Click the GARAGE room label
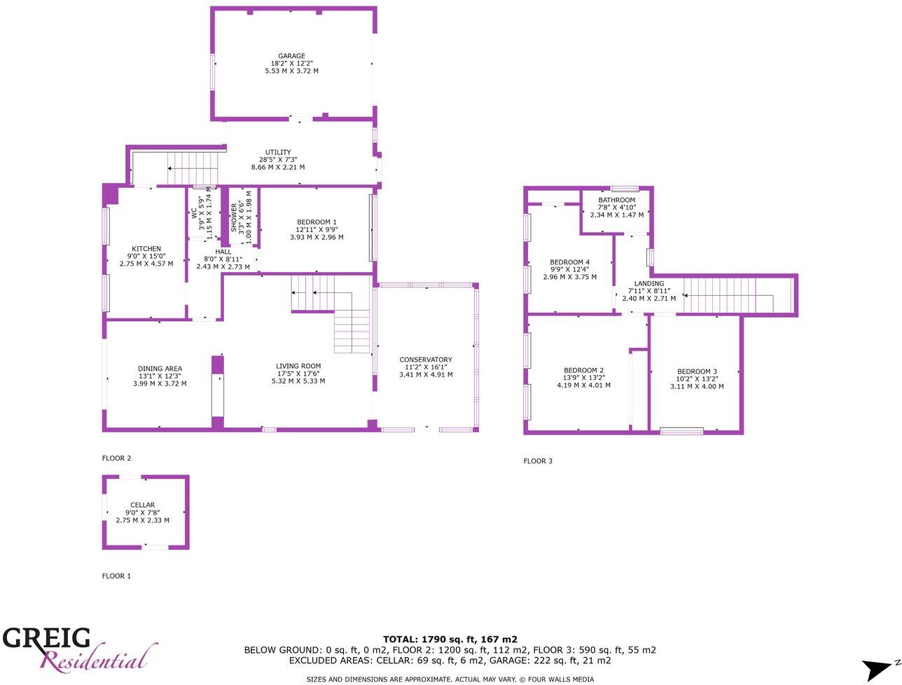tap(291, 56)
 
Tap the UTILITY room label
tap(278, 152)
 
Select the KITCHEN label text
tap(146, 249)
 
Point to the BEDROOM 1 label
tap(317, 222)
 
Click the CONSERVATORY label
tap(426, 360)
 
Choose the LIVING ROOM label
tap(298, 366)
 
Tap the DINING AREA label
tap(160, 369)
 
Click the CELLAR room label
tap(142, 505)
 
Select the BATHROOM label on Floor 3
tap(616, 201)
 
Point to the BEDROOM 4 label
tap(569, 262)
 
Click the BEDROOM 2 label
tap(583, 370)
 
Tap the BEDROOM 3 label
tap(697, 372)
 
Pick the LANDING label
tap(649, 284)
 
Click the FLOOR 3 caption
tap(538, 461)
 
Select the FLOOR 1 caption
tap(117, 576)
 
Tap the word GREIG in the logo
tap(46, 639)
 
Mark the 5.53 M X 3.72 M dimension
tap(291, 71)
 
